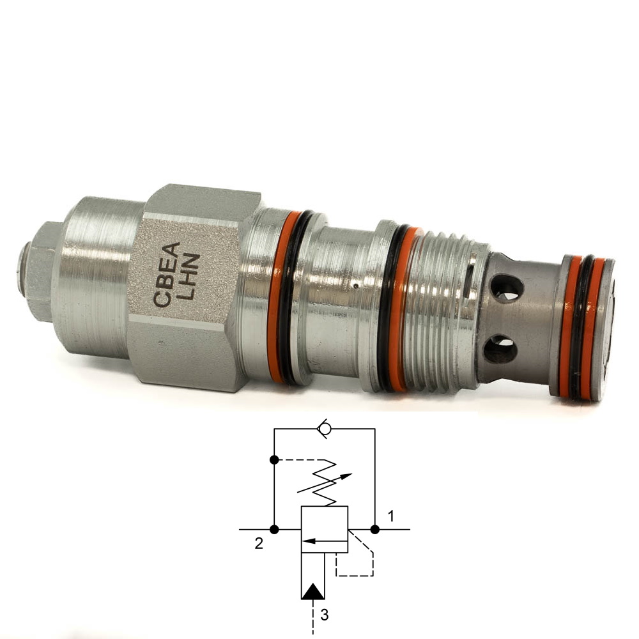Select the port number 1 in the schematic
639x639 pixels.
(x=391, y=516)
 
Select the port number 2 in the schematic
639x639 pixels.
(x=259, y=543)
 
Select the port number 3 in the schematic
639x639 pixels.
(x=324, y=615)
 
